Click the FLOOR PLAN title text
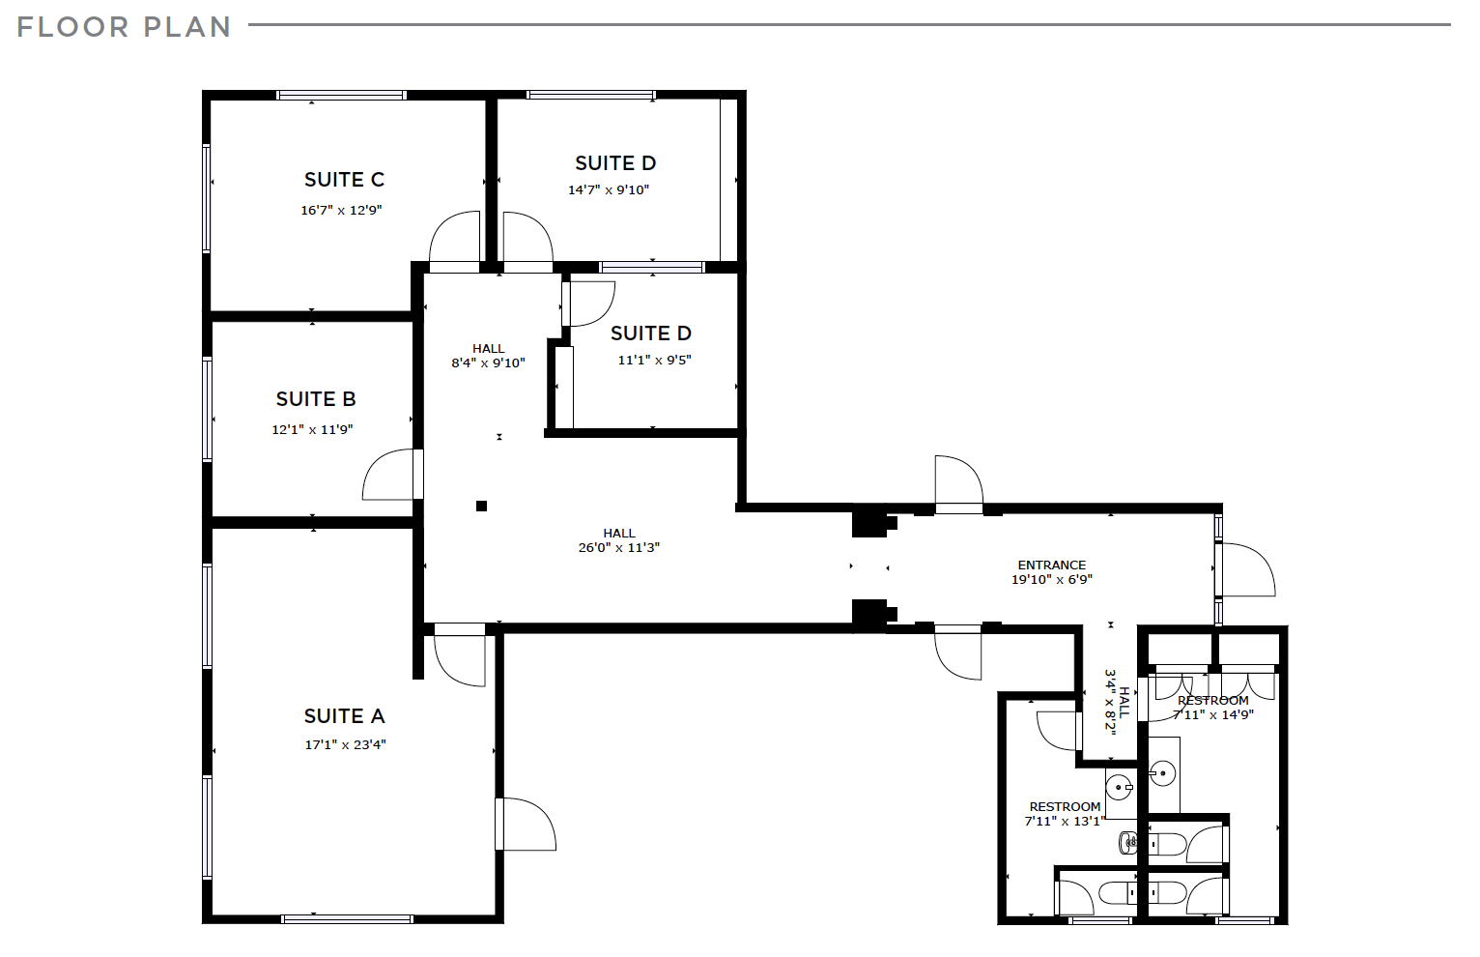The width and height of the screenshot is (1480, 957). pyautogui.click(x=124, y=27)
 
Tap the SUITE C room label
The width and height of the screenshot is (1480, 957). pyautogui.click(x=344, y=180)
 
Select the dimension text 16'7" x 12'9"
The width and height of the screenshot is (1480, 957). pyautogui.click(x=341, y=210)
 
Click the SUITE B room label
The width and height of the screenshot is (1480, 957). pyautogui.click(x=316, y=399)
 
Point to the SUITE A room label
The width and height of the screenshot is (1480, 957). pyautogui.click(x=344, y=716)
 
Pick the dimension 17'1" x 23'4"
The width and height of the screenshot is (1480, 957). pyautogui.click(x=345, y=745)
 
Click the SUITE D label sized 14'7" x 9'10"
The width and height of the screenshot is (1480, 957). pyautogui.click(x=615, y=163)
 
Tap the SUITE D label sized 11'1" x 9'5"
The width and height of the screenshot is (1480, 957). pyautogui.click(x=651, y=333)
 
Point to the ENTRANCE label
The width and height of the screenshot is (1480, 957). pyautogui.click(x=1051, y=565)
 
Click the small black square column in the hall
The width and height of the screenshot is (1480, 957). pyautogui.click(x=481, y=506)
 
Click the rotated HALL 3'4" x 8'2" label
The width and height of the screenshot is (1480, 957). pyautogui.click(x=1117, y=701)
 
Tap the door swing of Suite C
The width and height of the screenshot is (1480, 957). pyautogui.click(x=455, y=238)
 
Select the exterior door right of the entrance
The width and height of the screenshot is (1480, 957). pyautogui.click(x=1246, y=570)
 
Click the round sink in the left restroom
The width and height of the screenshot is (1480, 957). pyautogui.click(x=1119, y=787)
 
